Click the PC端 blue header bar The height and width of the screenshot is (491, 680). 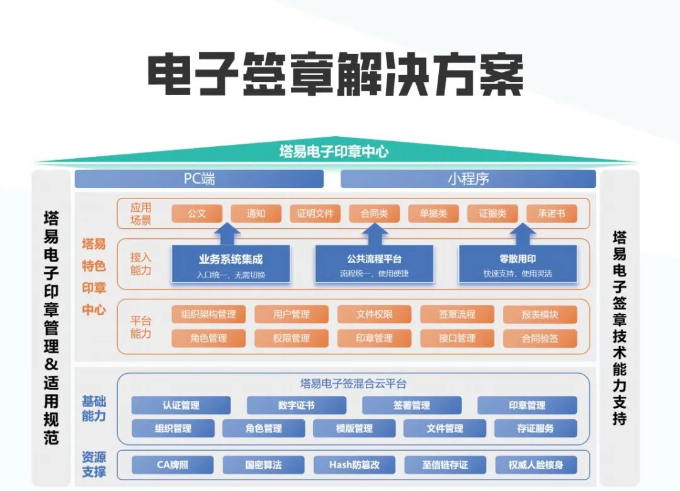coord(199,179)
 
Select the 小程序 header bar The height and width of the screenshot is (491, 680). coord(468,179)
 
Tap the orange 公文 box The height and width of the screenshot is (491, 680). coord(197,214)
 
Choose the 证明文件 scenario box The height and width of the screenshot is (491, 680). coord(315,214)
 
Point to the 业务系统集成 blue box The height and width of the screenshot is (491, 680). coord(231,264)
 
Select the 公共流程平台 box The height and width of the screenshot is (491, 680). coord(375,264)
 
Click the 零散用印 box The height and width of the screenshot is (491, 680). coord(518,264)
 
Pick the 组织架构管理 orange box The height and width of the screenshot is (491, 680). coord(208,314)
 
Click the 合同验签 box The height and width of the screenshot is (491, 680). coord(540,338)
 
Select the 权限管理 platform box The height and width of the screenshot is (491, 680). coord(292,338)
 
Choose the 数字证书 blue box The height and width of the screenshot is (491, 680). coord(296,405)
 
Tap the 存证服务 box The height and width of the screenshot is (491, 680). coord(535,429)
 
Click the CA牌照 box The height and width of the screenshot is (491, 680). coord(173,465)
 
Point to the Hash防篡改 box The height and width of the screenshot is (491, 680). coord(354,465)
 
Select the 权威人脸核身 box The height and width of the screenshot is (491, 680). coord(536,465)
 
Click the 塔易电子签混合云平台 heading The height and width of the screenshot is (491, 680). coord(353,383)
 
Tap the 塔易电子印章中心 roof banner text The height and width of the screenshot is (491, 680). coord(334,151)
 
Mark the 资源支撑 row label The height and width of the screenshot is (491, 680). coord(94,465)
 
